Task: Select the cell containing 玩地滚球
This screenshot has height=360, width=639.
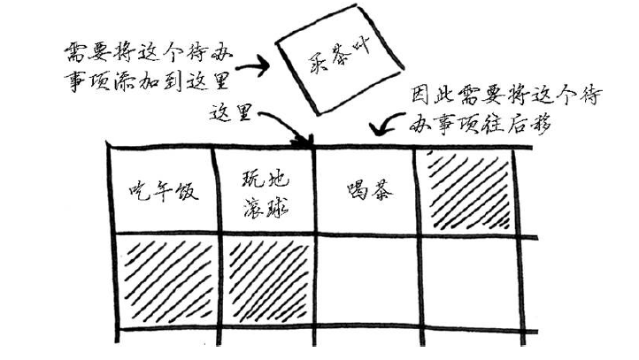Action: click(x=265, y=189)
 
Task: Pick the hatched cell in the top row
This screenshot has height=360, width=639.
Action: click(x=470, y=189)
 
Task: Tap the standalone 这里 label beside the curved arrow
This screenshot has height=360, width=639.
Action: click(x=232, y=112)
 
